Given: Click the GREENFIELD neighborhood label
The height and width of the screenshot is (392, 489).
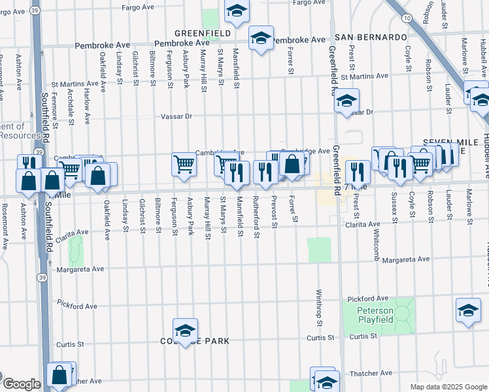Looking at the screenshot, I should (x=202, y=33).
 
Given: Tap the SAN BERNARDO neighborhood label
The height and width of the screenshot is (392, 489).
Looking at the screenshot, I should (x=371, y=37).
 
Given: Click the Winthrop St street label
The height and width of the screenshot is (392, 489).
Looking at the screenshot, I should (x=320, y=308).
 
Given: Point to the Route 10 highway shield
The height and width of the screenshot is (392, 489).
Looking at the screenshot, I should (x=407, y=18).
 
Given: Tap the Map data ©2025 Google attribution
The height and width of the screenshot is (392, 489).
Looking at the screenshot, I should (x=448, y=387).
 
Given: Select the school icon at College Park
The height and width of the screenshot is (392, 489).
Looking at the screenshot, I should (x=185, y=331).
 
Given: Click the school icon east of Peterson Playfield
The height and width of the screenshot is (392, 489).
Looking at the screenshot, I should (x=468, y=311).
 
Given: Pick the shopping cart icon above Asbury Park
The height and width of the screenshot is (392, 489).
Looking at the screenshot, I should (x=184, y=164).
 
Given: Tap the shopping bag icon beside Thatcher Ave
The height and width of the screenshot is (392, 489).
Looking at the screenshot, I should (x=59, y=376).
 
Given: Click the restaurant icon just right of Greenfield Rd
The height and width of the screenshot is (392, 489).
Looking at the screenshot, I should (x=357, y=172).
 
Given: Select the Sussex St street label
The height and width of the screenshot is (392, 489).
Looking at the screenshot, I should (x=394, y=208).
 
